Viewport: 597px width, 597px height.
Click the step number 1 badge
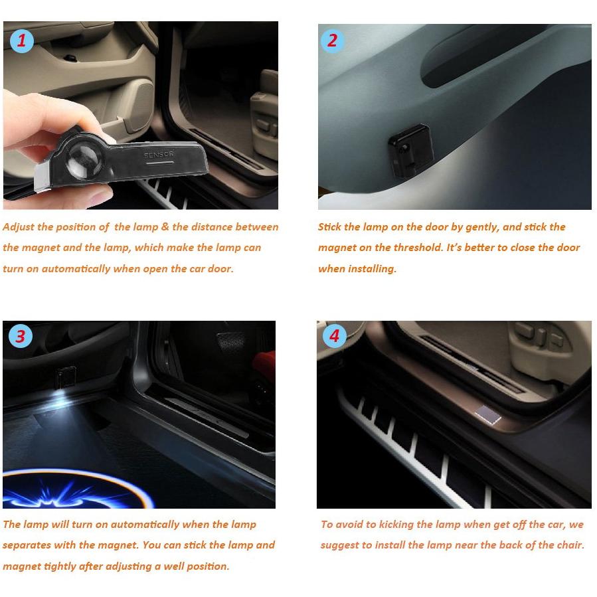(x=22, y=41)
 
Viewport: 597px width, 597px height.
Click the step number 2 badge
(x=332, y=41)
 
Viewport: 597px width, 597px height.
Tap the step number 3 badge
(x=21, y=336)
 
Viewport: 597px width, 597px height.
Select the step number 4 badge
(x=334, y=336)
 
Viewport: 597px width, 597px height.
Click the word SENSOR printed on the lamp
(x=159, y=155)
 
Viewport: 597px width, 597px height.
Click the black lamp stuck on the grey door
(x=410, y=150)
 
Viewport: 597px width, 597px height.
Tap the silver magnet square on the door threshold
(x=487, y=414)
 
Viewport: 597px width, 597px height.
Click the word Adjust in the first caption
(x=19, y=227)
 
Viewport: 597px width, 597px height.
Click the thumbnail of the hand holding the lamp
(x=141, y=116)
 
